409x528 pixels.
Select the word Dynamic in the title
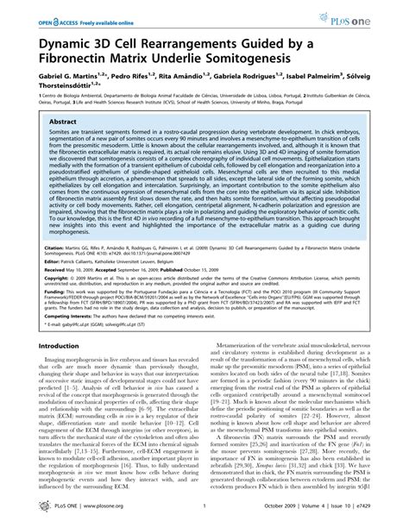[64, 40]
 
